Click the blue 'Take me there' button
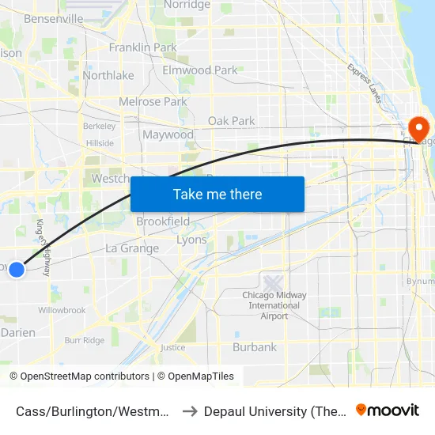217,194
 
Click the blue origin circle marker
17,269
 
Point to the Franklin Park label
142,47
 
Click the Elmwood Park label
199,70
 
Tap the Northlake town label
108,76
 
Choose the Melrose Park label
153,101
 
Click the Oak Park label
231,121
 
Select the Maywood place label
168,134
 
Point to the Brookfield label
163,221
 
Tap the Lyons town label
191,240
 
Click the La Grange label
132,248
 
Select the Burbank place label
255,346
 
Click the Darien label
18,333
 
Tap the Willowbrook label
62,311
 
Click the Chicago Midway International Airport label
274,305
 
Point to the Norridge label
187,5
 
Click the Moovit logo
388,410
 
